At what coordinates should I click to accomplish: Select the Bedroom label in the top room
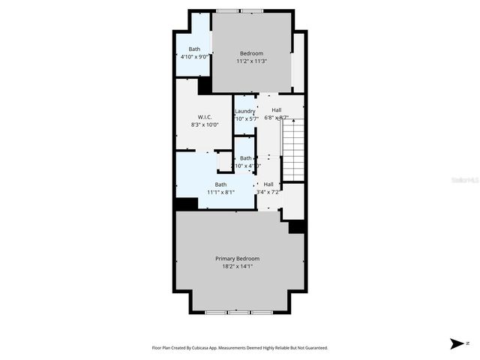tap(251, 53)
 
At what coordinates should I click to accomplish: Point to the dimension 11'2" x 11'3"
tap(251, 61)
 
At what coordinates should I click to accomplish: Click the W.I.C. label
tap(205, 117)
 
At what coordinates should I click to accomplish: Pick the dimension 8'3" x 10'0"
tap(205, 125)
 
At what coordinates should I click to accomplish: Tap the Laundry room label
tap(245, 111)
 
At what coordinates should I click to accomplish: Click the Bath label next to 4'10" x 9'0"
tap(194, 49)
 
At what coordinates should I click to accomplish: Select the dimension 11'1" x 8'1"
tap(221, 192)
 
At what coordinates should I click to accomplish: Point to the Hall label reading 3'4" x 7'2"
tap(268, 184)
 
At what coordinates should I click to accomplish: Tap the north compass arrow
tap(456, 343)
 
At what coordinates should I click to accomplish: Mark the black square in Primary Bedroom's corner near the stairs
tap(297, 226)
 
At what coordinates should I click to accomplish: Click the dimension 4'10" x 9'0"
tap(194, 57)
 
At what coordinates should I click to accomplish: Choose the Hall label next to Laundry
tap(277, 110)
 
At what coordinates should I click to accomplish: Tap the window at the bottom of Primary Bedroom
tap(240, 310)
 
